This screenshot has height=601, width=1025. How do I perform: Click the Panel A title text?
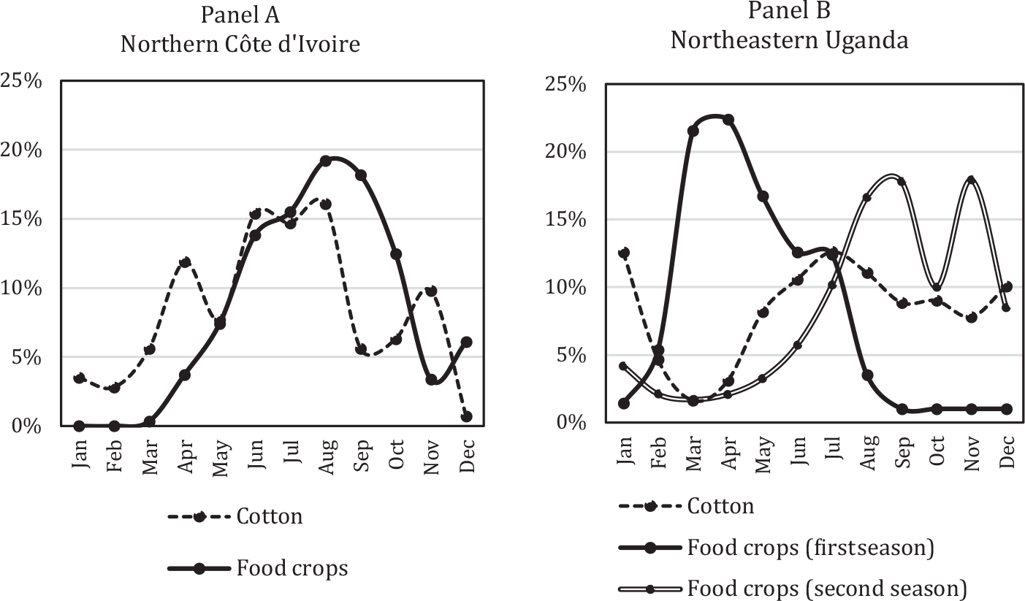[x=240, y=14]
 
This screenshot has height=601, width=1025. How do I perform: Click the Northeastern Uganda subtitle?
[x=789, y=39]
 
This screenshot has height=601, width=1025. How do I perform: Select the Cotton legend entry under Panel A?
[x=269, y=516]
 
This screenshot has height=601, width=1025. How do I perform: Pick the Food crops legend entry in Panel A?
[x=292, y=568]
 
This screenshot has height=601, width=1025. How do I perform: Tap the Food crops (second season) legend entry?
[x=828, y=588]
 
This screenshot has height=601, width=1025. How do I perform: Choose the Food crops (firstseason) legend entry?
[x=811, y=548]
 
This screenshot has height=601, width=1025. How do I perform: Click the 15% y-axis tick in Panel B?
[x=566, y=220]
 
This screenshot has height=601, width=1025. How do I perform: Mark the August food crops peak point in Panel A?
[x=326, y=161]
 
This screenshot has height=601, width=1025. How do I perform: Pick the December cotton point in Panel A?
[x=467, y=416]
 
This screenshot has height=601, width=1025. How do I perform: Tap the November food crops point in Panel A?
[x=432, y=380]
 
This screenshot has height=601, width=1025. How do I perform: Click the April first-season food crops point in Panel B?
[x=728, y=120]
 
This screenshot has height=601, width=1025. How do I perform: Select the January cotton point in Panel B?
[x=623, y=253]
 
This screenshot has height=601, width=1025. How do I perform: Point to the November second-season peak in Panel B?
[x=971, y=180]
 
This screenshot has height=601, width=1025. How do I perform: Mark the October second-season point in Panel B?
[x=937, y=287]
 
